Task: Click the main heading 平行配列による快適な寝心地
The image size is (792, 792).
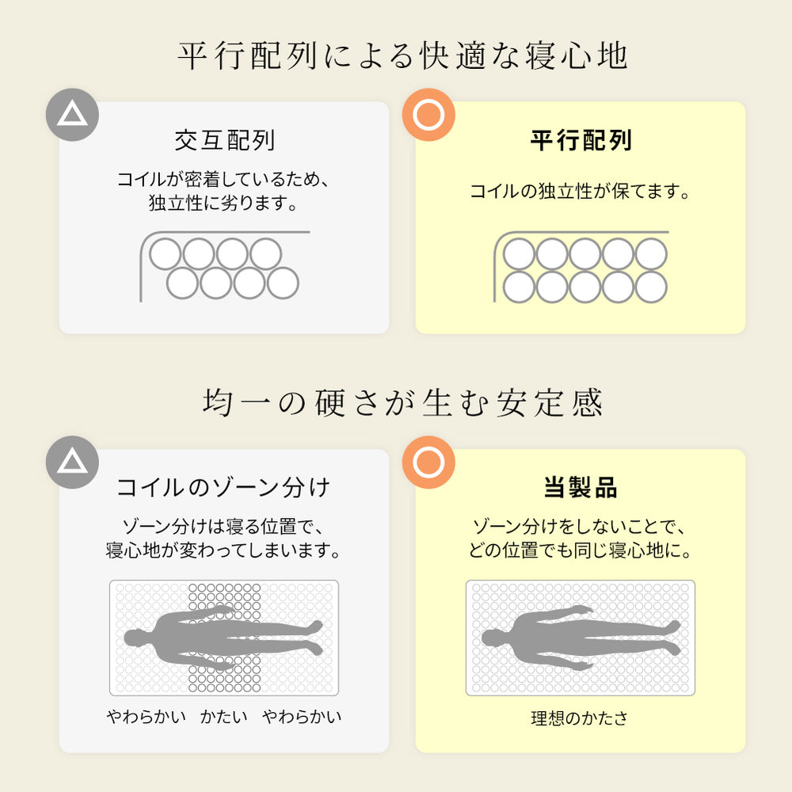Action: click(x=402, y=55)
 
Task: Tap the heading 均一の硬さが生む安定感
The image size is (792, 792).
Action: click(x=402, y=402)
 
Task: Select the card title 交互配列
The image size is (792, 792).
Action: click(x=225, y=140)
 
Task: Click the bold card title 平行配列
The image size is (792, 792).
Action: click(x=581, y=140)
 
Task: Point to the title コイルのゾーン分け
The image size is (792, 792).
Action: click(x=223, y=487)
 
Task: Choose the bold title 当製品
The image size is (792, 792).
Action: click(x=581, y=487)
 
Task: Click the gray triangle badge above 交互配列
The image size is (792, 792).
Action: click(x=72, y=115)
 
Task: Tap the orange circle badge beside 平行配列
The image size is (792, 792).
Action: click(x=428, y=115)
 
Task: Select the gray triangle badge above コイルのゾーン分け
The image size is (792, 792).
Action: click(x=72, y=463)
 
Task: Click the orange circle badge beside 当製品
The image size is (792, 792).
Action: click(x=428, y=463)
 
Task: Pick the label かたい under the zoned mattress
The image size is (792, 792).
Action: click(x=224, y=716)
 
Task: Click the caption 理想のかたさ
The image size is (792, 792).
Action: click(x=580, y=718)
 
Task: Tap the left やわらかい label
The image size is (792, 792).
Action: click(x=147, y=716)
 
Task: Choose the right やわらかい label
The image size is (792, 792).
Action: click(x=302, y=716)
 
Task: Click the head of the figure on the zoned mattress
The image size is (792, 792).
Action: click(x=135, y=638)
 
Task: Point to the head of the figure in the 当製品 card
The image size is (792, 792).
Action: click(x=492, y=638)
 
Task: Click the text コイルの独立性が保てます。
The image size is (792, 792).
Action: click(x=580, y=191)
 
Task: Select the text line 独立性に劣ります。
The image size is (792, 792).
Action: click(x=223, y=203)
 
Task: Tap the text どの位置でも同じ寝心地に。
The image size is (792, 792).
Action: click(x=580, y=550)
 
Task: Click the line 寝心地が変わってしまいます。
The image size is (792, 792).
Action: click(x=223, y=550)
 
